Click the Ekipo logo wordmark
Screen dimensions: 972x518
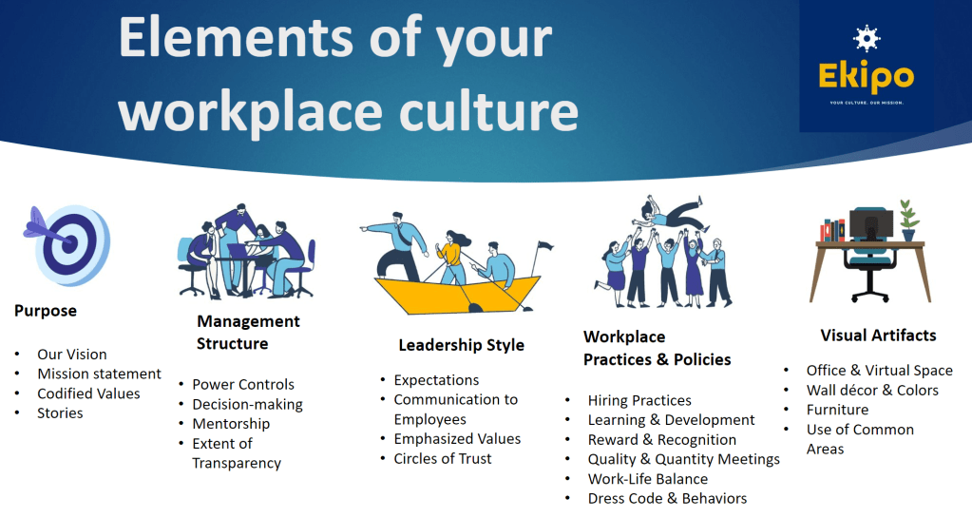(866, 77)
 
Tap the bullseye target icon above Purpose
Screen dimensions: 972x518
(67, 245)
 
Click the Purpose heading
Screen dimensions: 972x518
(46, 311)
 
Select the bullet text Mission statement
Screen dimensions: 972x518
(99, 374)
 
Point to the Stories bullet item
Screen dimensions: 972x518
(60, 413)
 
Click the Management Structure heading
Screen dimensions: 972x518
(248, 333)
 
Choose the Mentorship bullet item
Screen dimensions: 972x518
(231, 424)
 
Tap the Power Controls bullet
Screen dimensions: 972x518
(243, 385)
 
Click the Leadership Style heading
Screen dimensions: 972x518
(461, 346)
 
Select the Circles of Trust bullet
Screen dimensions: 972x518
(443, 459)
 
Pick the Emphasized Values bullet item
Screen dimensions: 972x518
(457, 439)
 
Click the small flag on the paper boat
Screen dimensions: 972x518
(544, 247)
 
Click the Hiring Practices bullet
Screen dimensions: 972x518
(639, 401)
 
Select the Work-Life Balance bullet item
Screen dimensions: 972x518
(648, 479)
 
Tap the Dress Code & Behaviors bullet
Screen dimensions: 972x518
(668, 499)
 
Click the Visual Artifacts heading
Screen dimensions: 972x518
(878, 336)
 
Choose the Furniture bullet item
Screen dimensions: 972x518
(837, 410)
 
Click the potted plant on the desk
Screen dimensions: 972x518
(908, 221)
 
